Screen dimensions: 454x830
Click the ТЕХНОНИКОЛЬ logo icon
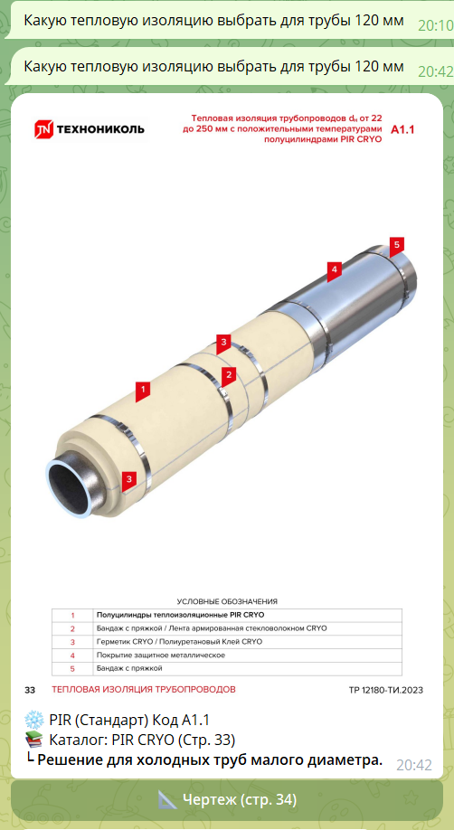pyautogui.click(x=44, y=129)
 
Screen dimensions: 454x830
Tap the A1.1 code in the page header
pyautogui.click(x=402, y=129)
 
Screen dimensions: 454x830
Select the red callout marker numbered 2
pyautogui.click(x=228, y=376)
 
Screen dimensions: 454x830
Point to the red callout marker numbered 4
pyautogui.click(x=334, y=270)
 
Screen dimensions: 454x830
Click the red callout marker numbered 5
pyautogui.click(x=396, y=245)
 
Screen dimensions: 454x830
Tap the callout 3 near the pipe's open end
pyautogui.click(x=129, y=480)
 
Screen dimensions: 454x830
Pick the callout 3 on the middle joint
pyautogui.click(x=223, y=343)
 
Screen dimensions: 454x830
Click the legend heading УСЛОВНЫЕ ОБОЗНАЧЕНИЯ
pyautogui.click(x=227, y=601)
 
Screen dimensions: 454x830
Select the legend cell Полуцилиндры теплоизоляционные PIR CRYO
pyautogui.click(x=180, y=615)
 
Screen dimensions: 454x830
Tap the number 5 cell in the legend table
pyautogui.click(x=72, y=668)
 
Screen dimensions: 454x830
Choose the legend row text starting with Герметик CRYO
pyautogui.click(x=179, y=642)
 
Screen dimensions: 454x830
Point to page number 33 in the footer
pyautogui.click(x=30, y=690)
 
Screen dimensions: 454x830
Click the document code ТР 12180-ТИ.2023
pyautogui.click(x=386, y=690)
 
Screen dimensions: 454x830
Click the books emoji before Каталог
pyautogui.click(x=33, y=740)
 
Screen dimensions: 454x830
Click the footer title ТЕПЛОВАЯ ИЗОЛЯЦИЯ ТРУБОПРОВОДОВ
pyautogui.click(x=144, y=690)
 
